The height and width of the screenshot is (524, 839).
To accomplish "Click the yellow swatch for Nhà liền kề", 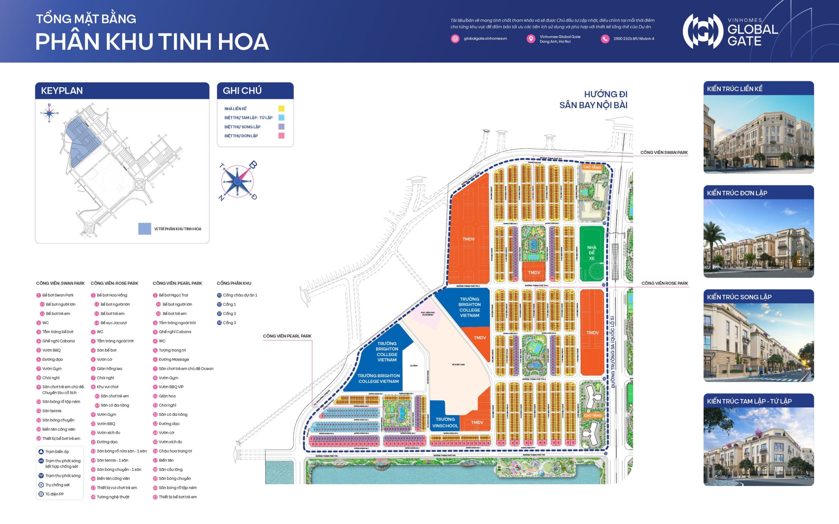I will [281, 108].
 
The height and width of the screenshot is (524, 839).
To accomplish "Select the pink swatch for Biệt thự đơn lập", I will [281, 136].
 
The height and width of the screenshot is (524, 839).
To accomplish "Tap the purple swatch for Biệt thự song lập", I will [281, 126].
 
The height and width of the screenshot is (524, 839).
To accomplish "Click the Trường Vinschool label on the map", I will [445, 422].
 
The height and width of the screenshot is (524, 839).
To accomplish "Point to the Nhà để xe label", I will [592, 253].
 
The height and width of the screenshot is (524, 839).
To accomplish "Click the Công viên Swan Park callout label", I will [664, 153].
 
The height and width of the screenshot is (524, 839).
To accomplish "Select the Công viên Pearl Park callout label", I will [287, 336].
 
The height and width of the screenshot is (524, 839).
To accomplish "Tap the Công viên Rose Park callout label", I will [664, 283].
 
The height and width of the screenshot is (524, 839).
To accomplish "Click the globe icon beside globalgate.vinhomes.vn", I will [455, 38].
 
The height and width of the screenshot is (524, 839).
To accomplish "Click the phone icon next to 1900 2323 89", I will [605, 39].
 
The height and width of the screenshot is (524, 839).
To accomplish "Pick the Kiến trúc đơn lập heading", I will [737, 193].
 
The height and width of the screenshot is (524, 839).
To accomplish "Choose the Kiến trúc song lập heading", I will [739, 297].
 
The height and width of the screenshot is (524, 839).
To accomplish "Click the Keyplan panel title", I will [62, 91].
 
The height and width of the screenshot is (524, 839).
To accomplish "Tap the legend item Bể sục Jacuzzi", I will [113, 323].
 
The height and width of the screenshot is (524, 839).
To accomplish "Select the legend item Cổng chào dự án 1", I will [240, 295].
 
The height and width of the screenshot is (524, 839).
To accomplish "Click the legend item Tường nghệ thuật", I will [113, 496].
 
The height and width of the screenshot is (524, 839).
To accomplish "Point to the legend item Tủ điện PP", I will [54, 494].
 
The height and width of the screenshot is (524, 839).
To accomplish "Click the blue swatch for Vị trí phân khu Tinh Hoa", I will [145, 229].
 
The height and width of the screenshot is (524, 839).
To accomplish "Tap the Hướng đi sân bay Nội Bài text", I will [593, 100].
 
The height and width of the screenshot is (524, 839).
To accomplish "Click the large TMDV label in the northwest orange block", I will [468, 239].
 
